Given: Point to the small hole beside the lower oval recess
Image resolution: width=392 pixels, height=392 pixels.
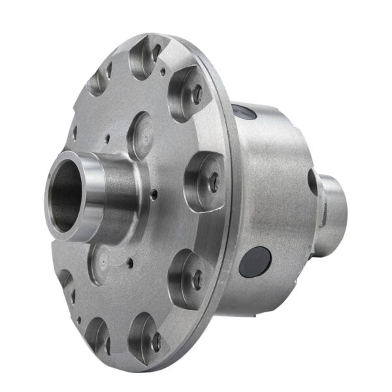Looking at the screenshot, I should point(130,263).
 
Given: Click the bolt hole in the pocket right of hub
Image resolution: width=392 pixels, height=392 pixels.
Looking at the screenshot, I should point(214,183).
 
